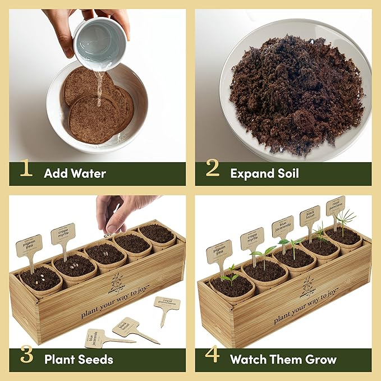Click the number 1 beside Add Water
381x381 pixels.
coord(26,169)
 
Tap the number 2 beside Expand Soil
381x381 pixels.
coord(212,169)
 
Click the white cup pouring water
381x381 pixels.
coord(100,42)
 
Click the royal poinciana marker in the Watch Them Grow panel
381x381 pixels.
coord(336,205)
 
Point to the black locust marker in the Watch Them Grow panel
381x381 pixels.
coord(310,215)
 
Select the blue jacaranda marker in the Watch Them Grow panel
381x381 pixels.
coord(283,226)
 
